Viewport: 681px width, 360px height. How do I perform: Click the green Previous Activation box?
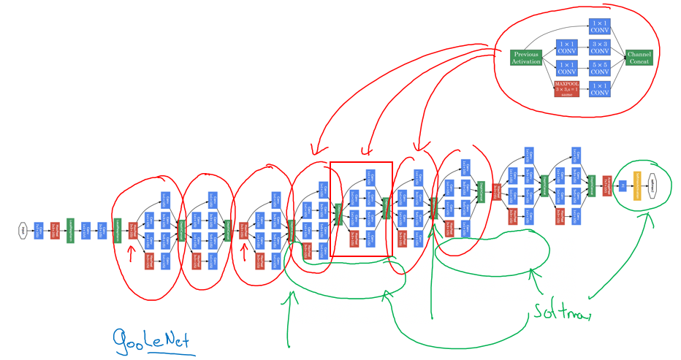click(526, 58)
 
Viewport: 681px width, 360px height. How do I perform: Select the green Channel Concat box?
click(639, 58)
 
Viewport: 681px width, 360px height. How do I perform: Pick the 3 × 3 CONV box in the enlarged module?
click(599, 48)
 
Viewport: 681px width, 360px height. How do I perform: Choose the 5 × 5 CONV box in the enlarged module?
click(599, 68)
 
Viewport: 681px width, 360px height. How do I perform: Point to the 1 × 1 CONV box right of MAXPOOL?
click(599, 89)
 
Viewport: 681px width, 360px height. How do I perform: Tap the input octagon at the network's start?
click(23, 231)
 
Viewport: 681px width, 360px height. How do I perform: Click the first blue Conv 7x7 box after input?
click(39, 231)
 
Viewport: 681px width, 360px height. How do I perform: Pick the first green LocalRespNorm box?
click(71, 231)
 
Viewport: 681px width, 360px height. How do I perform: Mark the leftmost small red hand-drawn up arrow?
click(132, 253)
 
